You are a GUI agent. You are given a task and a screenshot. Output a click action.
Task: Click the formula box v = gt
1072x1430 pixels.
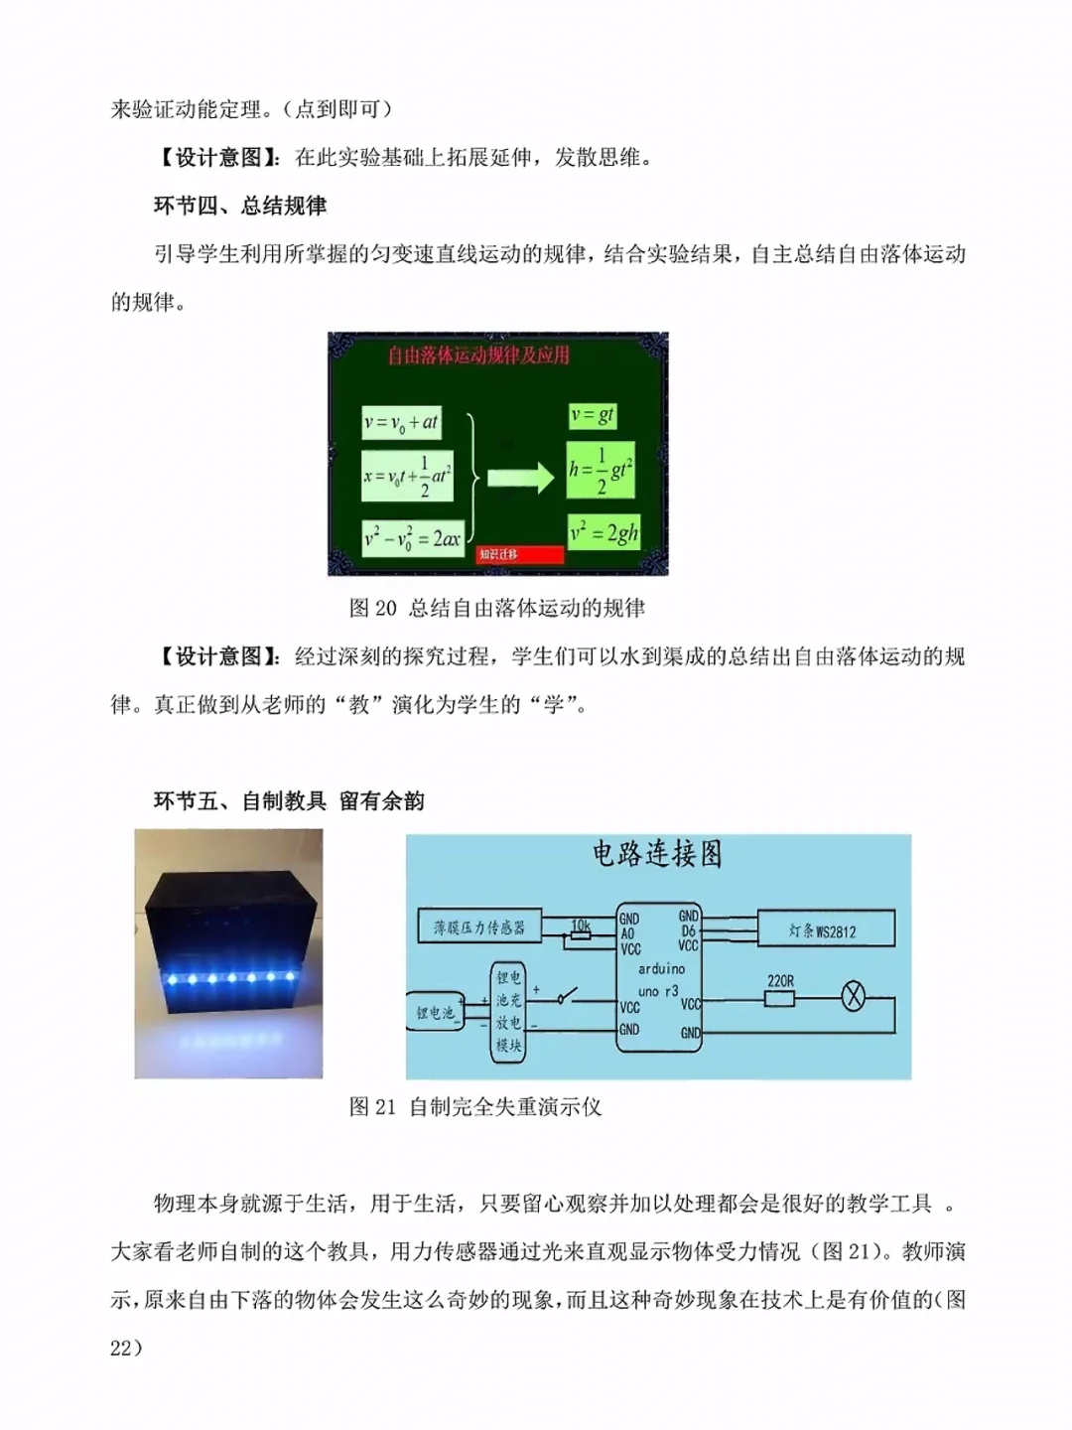click(x=593, y=415)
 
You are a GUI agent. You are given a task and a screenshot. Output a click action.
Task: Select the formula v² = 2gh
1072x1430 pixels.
click(x=603, y=533)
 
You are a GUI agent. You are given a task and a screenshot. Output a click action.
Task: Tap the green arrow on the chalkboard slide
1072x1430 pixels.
click(x=521, y=478)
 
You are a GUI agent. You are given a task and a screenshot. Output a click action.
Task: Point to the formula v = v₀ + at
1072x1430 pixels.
click(x=401, y=422)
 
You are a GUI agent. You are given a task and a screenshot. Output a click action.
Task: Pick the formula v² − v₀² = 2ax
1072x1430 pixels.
click(x=412, y=539)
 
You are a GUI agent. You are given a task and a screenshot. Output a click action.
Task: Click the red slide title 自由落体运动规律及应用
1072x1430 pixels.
click(x=478, y=355)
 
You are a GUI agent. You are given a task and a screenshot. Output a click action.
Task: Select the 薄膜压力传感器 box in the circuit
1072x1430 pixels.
click(x=478, y=928)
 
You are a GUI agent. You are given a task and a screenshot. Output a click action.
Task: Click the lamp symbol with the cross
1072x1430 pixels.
click(x=853, y=996)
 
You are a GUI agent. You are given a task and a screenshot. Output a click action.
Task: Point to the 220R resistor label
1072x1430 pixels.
click(x=780, y=981)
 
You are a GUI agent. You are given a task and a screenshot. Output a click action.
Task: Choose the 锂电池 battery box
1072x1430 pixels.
click(x=435, y=1012)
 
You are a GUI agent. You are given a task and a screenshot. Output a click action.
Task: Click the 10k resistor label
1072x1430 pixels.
click(x=581, y=926)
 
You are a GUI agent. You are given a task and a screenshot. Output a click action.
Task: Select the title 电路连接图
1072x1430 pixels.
click(x=657, y=854)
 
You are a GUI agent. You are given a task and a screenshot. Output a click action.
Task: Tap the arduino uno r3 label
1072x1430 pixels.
click(x=660, y=979)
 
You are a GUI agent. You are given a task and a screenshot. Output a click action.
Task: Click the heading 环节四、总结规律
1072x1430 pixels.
click(x=240, y=206)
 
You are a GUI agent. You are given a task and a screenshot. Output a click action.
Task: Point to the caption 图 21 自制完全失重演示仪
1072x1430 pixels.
click(x=475, y=1106)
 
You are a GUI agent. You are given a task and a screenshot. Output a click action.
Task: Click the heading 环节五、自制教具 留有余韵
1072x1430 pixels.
click(x=289, y=800)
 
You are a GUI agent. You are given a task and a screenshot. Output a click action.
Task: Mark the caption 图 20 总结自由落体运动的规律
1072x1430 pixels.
click(x=497, y=608)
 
